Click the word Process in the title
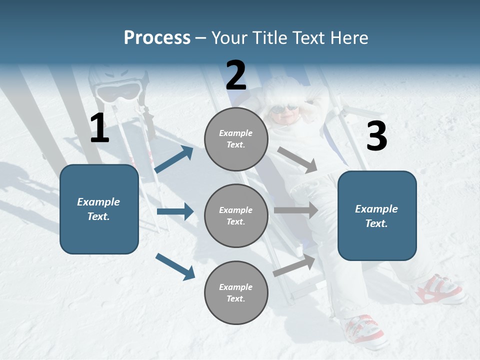pyautogui.click(x=157, y=38)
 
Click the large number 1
pyautogui.click(x=99, y=128)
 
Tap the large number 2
pyautogui.click(x=236, y=75)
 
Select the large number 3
pyautogui.click(x=376, y=136)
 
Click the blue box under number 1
pyautogui.click(x=99, y=209)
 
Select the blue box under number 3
pyautogui.click(x=377, y=215)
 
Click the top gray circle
pyautogui.click(x=236, y=139)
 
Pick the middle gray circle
pyautogui.click(x=236, y=215)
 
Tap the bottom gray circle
pyautogui.click(x=236, y=292)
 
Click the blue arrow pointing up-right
pyautogui.click(x=174, y=159)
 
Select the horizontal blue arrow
pyautogui.click(x=175, y=211)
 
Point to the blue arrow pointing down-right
pyautogui.click(x=175, y=266)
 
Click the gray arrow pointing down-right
pyautogui.click(x=297, y=160)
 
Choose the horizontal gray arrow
pyautogui.click(x=296, y=210)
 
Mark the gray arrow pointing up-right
pyautogui.click(x=294, y=265)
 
